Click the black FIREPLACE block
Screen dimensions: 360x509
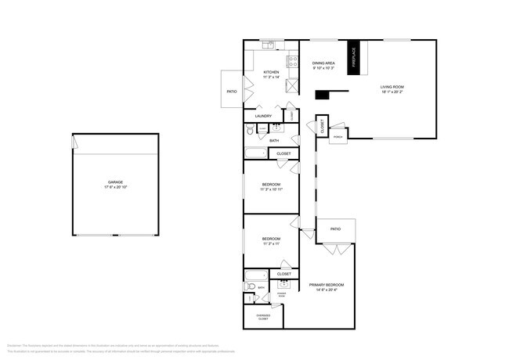(x=353, y=57)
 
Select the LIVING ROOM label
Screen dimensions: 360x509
(x=392, y=87)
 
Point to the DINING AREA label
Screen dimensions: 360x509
(x=324, y=63)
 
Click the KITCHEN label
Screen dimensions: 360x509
(x=271, y=72)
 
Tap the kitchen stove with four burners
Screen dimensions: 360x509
(x=292, y=59)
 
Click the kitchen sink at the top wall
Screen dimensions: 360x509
(x=269, y=46)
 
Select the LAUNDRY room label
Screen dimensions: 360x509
(x=263, y=116)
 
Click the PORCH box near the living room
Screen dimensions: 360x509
(x=338, y=136)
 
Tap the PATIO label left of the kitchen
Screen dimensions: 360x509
(x=232, y=92)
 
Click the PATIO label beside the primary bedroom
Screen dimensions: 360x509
(x=335, y=229)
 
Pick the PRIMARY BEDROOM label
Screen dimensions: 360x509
(x=326, y=285)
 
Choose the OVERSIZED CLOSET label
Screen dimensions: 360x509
(x=263, y=316)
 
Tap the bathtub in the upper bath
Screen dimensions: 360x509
(x=255, y=153)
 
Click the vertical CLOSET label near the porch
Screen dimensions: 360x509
(x=322, y=127)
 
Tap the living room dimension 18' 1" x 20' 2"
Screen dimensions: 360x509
(x=392, y=92)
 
